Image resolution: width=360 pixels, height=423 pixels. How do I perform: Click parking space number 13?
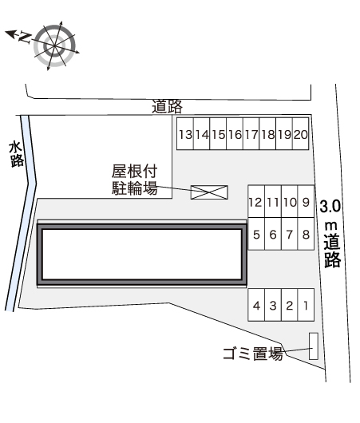click(185, 134)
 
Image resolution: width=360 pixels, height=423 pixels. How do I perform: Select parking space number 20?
click(301, 134)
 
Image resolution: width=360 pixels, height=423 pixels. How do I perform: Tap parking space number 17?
click(251, 134)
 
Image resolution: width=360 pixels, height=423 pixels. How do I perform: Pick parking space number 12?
click(256, 201)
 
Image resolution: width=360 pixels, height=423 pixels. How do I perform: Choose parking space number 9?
click(306, 201)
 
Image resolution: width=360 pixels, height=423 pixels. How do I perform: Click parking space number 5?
click(256, 234)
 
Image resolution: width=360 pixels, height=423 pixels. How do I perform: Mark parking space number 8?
click(306, 234)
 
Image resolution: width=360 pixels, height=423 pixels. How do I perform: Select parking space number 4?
click(256, 305)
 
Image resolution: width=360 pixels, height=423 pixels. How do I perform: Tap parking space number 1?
click(306, 305)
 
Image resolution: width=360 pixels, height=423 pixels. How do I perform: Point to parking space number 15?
click(218, 134)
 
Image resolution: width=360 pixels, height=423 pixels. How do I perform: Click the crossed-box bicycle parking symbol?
click(209, 192)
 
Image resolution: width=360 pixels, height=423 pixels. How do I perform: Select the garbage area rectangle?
click(314, 346)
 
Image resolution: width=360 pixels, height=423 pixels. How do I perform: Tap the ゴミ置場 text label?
click(253, 354)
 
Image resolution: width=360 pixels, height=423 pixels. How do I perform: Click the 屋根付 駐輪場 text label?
click(134, 180)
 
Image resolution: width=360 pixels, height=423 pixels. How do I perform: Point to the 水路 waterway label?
click(16, 155)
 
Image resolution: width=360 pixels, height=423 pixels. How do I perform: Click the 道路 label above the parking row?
click(167, 106)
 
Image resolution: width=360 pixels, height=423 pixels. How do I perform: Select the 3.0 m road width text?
click(330, 215)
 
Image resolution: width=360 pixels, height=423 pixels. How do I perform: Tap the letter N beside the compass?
click(24, 38)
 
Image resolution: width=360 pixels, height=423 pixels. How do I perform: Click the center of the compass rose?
click(55, 45)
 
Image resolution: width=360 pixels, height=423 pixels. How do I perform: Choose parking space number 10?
click(290, 201)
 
